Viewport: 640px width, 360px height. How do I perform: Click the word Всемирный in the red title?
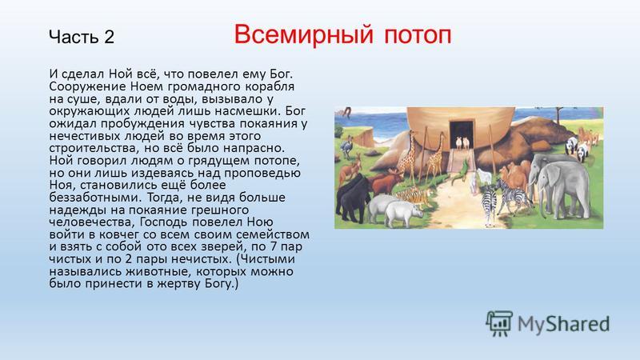coord(304,34)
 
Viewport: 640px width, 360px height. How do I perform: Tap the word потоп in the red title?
coord(418,35)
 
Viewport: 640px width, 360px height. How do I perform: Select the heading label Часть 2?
coord(82,37)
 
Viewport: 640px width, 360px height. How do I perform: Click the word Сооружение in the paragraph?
coord(87,87)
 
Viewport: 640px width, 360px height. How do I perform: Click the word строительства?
coord(95,148)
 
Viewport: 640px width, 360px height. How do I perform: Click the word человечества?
coord(92,222)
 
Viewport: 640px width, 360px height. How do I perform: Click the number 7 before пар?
coord(273,246)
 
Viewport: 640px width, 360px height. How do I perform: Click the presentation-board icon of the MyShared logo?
coord(498,323)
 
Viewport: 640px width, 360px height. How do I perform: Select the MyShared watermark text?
coord(564,325)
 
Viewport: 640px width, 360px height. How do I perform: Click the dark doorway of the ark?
coord(462,135)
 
